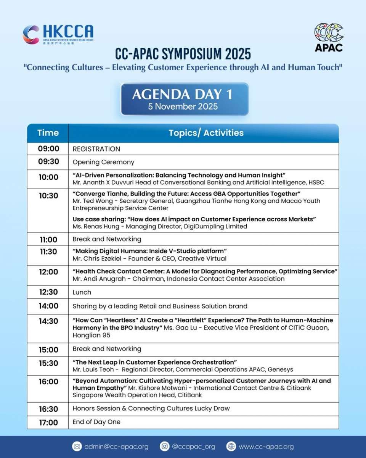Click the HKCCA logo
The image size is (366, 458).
tap(58, 34)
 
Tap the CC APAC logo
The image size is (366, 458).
tap(328, 37)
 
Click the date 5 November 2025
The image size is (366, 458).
tap(183, 106)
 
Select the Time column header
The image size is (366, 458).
tap(48, 133)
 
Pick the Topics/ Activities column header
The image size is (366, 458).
tap(206, 133)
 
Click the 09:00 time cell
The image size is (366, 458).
tap(48, 149)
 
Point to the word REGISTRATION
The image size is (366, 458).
tap(96, 149)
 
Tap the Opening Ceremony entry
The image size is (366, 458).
tap(103, 162)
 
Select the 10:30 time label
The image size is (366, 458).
tap(48, 196)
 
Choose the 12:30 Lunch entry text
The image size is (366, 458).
tap(82, 292)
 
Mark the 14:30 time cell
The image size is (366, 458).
tap(48, 321)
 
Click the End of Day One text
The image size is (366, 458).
tap(96, 422)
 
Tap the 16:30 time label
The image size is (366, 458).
tap(48, 409)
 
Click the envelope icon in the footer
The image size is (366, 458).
tap(77, 446)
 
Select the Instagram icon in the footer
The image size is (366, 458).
tap(164, 446)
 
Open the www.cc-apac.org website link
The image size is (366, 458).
tap(266, 447)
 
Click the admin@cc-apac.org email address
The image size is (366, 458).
tap(116, 447)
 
